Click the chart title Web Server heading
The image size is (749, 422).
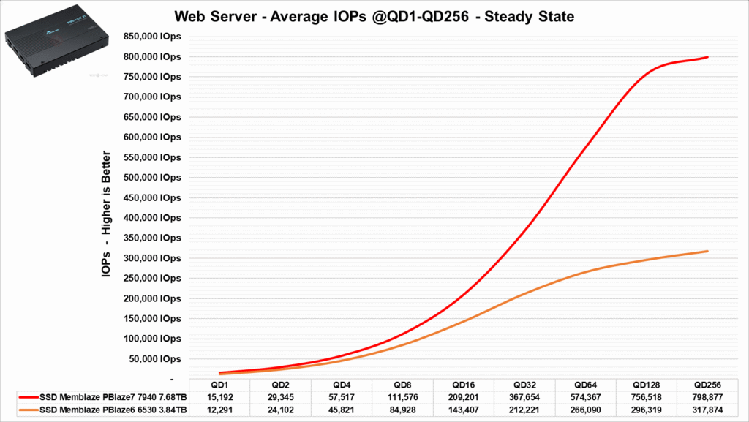coord(373,16)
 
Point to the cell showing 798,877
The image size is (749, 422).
coord(707,396)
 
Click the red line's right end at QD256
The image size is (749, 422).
coord(707,57)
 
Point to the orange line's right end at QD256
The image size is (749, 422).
coord(707,251)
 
